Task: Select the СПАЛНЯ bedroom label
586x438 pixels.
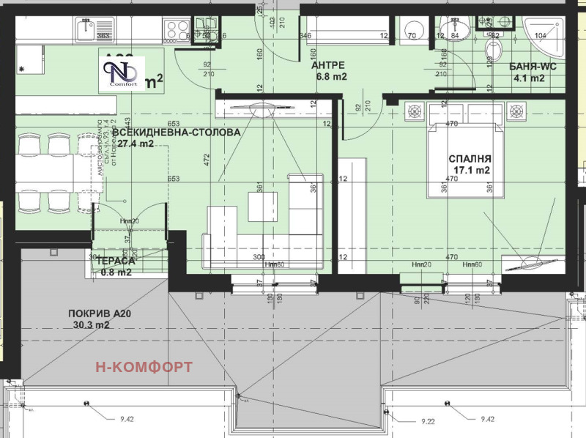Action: tap(470, 158)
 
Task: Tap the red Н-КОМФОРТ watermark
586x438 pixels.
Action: tap(144, 366)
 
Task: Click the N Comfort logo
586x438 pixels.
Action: tap(122, 70)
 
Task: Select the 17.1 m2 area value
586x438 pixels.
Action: tap(472, 171)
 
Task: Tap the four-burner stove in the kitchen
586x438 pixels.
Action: tap(178, 31)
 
